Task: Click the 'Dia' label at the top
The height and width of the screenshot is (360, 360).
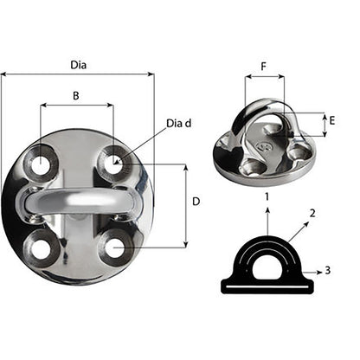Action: click(79, 63)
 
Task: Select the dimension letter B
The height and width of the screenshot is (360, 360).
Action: click(76, 97)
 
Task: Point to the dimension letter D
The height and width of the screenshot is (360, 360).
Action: click(196, 201)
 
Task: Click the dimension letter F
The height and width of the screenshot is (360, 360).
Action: click(264, 65)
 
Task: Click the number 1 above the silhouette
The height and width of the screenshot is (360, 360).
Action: click(267, 198)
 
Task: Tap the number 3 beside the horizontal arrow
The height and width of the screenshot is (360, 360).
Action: click(328, 271)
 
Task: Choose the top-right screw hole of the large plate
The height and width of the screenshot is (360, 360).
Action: click(113, 161)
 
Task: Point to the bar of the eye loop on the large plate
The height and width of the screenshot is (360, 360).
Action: click(77, 202)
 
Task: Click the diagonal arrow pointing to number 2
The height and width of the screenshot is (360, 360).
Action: click(297, 229)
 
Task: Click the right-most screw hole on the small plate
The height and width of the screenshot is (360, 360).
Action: click(302, 154)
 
